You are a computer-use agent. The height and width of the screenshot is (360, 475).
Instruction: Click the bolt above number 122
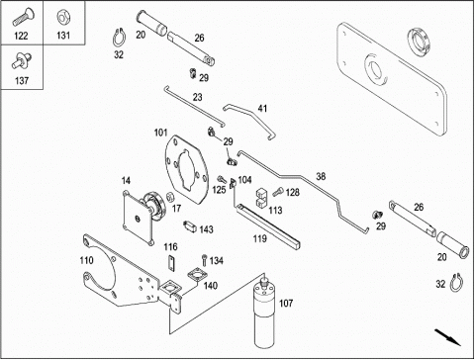[x=22, y=17]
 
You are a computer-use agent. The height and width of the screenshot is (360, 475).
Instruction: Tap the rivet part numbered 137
[x=22, y=61]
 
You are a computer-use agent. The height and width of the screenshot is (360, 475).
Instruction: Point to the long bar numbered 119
[x=267, y=226]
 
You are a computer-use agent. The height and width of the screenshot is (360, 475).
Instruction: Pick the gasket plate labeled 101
[x=187, y=170]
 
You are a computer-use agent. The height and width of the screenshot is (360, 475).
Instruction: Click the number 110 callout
[x=87, y=260]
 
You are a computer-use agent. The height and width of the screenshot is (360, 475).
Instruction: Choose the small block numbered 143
[x=190, y=226]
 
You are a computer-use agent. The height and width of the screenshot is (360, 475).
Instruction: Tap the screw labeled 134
[x=205, y=260]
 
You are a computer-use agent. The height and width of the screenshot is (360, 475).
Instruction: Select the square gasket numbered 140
[x=197, y=276]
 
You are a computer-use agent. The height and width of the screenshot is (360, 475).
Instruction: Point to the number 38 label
[x=321, y=177]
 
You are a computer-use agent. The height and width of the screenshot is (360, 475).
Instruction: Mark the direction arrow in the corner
[x=447, y=337]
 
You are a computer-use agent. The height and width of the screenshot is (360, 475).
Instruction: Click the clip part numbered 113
[x=261, y=198]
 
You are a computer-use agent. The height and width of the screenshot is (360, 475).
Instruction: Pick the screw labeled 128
[x=278, y=192]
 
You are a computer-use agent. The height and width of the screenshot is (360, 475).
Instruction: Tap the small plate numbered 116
[x=171, y=263]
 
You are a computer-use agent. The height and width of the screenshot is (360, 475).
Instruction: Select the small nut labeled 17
[x=169, y=197]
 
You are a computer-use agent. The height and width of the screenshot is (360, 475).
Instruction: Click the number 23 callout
[x=197, y=97]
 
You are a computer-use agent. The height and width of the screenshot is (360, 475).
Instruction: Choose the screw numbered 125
[x=222, y=180]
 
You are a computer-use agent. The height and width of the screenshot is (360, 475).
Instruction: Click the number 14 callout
[x=126, y=181]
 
